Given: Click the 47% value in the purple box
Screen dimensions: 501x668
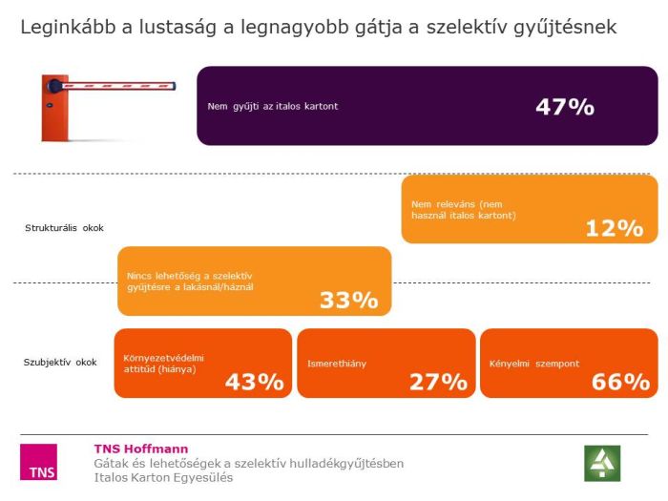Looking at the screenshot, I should (565, 106).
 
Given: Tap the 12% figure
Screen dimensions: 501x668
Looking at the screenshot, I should (616, 228).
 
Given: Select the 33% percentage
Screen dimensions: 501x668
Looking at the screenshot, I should (349, 300).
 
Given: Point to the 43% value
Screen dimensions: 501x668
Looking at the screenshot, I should (255, 382).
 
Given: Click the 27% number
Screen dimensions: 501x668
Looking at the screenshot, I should (438, 382).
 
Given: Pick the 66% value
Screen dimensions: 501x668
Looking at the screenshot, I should (620, 382).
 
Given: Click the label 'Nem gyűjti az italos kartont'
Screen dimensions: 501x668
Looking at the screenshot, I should (273, 106).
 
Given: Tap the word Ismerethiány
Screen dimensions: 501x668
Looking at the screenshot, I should (337, 364).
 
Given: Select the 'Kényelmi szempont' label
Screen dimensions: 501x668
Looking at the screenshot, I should (534, 364).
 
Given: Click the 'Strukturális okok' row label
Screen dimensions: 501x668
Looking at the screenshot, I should (64, 228).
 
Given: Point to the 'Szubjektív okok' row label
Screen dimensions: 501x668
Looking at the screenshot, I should (60, 363).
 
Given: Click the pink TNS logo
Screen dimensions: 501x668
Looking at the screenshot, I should (38, 462).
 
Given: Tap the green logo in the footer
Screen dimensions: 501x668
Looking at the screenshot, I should (602, 463).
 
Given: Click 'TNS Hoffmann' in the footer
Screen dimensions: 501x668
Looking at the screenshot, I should (141, 449).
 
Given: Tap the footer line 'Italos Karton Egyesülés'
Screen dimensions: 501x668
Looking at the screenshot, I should (163, 477).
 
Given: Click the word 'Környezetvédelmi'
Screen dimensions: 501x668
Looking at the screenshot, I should (164, 358).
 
